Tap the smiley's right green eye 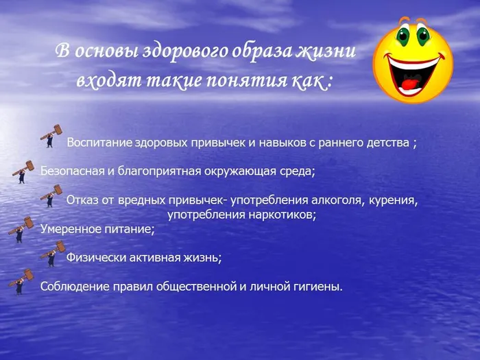tap(422, 34)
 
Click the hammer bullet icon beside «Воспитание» tap(51, 136)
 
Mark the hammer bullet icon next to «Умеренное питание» tap(21, 229)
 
